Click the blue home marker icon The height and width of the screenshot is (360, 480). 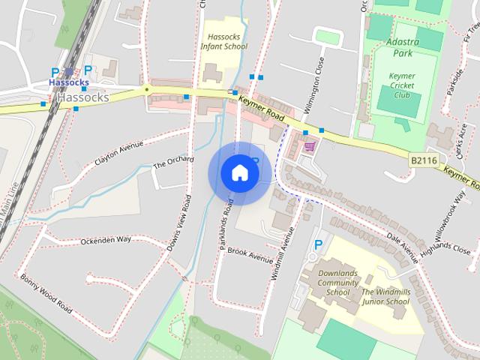coord(239,173)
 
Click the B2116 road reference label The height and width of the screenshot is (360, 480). coord(423,160)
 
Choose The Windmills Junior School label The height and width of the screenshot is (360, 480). coord(385,296)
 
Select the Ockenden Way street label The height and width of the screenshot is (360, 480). coord(106,239)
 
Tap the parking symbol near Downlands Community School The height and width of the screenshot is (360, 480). coord(319,244)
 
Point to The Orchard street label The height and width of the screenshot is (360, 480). coord(172,161)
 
